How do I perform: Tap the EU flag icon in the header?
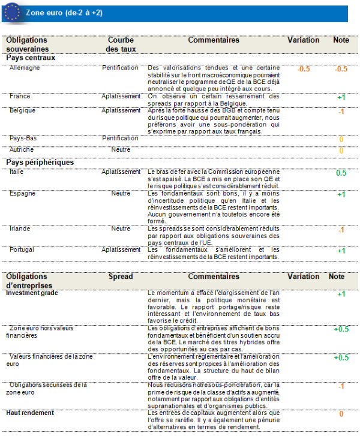tap(11, 13)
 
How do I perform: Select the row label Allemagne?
tap(25, 68)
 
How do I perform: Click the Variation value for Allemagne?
tap(304, 69)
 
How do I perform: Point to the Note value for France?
tap(341, 97)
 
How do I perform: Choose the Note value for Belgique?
tap(341, 112)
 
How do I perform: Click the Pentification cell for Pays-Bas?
tap(120, 139)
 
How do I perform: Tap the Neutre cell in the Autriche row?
tap(121, 149)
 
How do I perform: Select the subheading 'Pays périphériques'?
tap(40, 162)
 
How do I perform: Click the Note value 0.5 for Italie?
tap(341, 173)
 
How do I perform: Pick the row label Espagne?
tap(22, 194)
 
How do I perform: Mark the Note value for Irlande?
tap(341, 230)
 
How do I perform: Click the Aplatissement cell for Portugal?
tap(121, 249)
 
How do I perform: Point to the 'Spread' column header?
tap(121, 276)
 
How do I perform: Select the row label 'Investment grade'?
tap(32, 293)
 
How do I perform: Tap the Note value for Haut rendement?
tap(341, 414)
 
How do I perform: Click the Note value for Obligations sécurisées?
tap(341, 386)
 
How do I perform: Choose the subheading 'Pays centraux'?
tap(31, 58)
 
